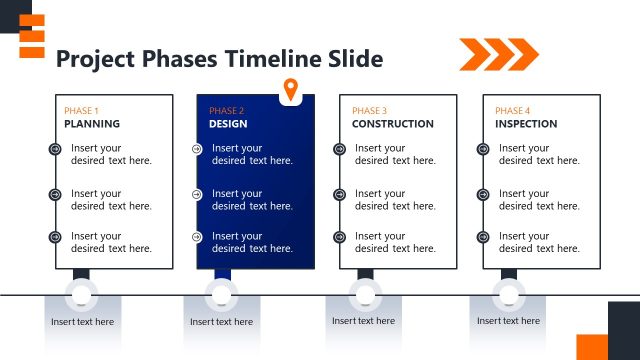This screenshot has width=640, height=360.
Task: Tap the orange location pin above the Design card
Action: tap(291, 89)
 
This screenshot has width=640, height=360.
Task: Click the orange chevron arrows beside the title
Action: tap(498, 53)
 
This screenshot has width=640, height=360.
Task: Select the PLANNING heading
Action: tap(92, 124)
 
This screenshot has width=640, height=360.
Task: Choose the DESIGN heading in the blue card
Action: tap(228, 124)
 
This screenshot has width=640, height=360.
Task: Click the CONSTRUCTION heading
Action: tap(392, 124)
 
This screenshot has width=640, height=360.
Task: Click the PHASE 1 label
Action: tap(81, 110)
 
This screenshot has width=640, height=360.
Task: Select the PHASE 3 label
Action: tap(369, 110)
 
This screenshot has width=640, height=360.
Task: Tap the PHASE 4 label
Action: tap(513, 110)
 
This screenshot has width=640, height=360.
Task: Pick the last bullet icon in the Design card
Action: tap(197, 237)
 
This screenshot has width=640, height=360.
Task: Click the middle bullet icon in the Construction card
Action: tap(339, 194)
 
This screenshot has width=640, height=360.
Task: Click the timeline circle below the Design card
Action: tap(221, 295)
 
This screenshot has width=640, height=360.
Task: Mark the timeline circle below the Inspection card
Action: tap(508, 295)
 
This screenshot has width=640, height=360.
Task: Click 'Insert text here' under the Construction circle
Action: tap(363, 321)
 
